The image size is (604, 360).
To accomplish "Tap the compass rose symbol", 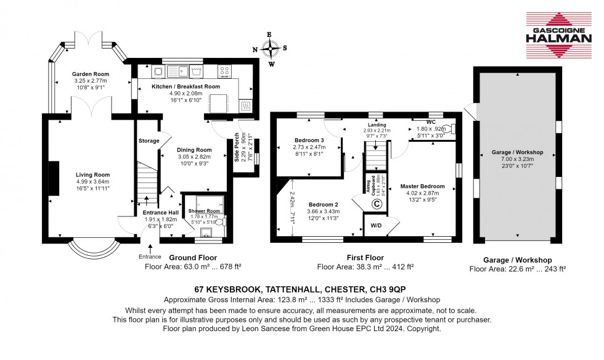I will [270, 48].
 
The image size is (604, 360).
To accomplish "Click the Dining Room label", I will [194, 149].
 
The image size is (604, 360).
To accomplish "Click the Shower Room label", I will [202, 211].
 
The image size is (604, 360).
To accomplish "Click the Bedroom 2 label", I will [324, 204].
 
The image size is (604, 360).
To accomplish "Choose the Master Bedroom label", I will [422, 186].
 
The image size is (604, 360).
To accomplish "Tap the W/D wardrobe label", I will [375, 225].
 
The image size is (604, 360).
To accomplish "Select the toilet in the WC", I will [453, 129].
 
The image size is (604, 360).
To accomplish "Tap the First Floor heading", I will [365, 258].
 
